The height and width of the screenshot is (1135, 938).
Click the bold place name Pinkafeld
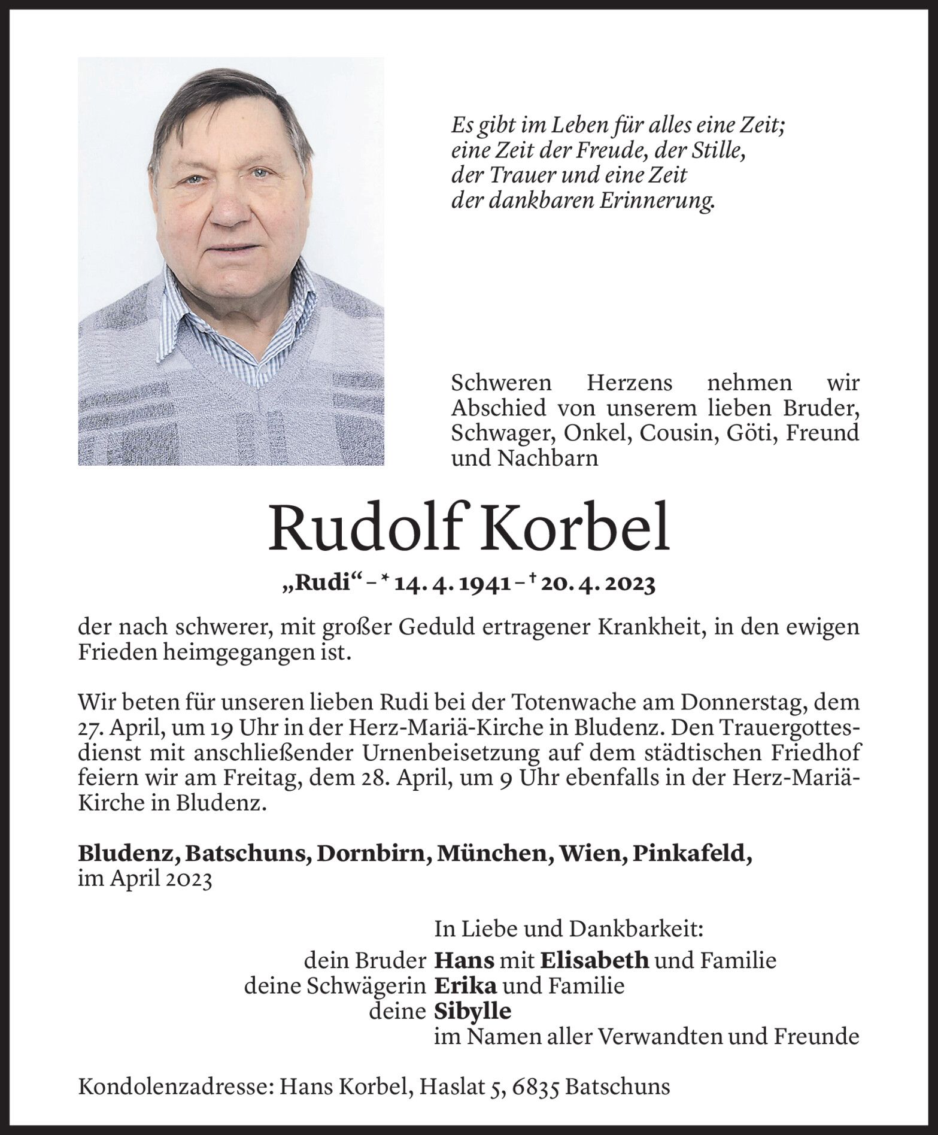coord(691,854)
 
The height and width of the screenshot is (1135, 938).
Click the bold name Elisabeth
coord(594,960)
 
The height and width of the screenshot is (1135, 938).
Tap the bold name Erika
coord(459,985)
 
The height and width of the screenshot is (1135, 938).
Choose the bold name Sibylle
coord(472,1011)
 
